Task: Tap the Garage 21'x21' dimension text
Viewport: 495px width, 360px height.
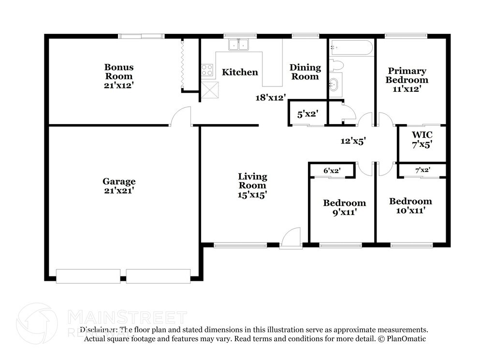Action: click(x=119, y=190)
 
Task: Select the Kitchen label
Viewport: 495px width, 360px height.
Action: click(x=240, y=72)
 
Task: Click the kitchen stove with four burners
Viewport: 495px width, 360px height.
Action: click(x=207, y=71)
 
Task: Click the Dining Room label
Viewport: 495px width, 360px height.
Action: click(x=305, y=72)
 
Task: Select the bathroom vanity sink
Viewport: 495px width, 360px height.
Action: click(x=334, y=85)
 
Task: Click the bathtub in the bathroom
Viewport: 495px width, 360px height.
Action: click(x=351, y=48)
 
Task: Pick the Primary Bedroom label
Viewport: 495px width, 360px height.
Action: click(x=407, y=75)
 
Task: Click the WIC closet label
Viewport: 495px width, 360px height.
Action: click(x=422, y=134)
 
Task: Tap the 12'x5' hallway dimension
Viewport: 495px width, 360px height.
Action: click(x=353, y=141)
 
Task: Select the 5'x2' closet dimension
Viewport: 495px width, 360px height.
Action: click(x=307, y=115)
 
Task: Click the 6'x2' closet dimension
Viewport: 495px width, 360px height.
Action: click(x=332, y=171)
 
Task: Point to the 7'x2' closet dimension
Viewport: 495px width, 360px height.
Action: click(x=422, y=170)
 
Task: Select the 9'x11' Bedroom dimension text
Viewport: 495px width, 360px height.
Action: click(x=344, y=212)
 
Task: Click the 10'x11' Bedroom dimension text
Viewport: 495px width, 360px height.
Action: click(x=410, y=210)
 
